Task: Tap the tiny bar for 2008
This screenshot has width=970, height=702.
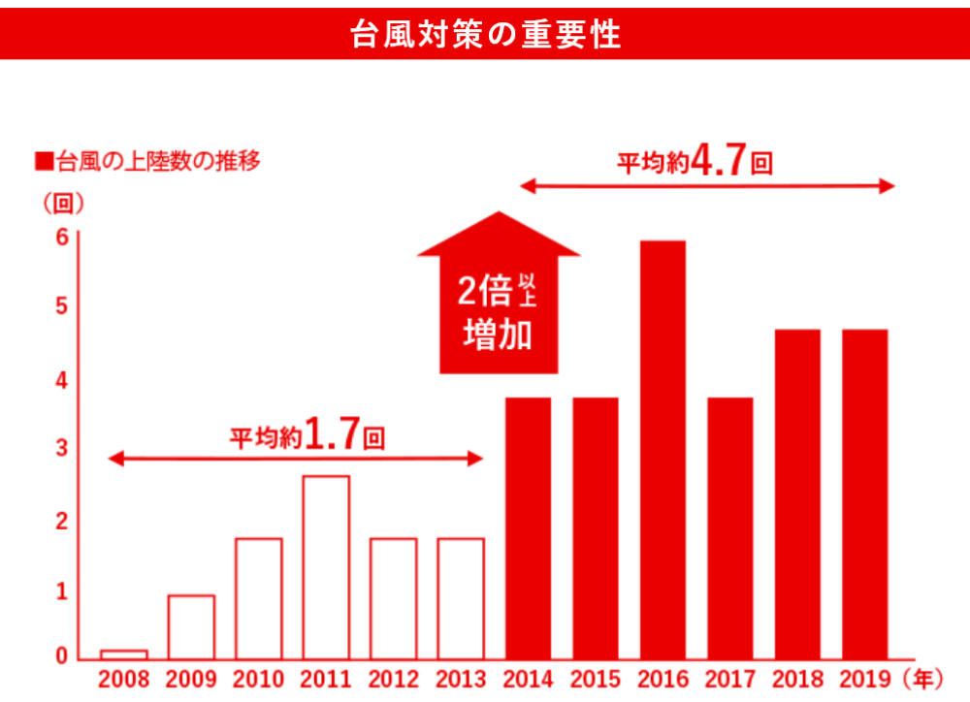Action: pos(124,654)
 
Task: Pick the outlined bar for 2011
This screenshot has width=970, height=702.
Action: pos(326,566)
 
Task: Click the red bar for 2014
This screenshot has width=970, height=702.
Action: pos(528,527)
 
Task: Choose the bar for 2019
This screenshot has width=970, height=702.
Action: pos(864,493)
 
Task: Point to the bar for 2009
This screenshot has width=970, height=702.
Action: pos(191,626)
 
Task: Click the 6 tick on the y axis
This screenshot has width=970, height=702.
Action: pos(61,237)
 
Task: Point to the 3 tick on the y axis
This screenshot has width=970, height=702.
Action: pos(61,449)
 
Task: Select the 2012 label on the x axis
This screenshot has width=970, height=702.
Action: pos(393,678)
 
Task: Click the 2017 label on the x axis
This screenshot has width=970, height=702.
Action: pos(729,678)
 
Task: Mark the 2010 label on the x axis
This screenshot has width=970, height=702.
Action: pos(258,678)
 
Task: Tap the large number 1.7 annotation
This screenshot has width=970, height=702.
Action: pos(333,434)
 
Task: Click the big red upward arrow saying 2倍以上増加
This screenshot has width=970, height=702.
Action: pos(499,301)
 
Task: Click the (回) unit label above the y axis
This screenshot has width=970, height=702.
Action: pos(64,204)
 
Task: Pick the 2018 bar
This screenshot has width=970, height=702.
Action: pos(797,493)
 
